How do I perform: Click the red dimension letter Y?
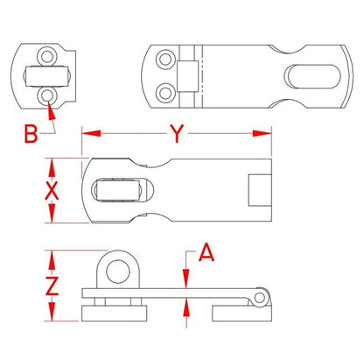[177, 133]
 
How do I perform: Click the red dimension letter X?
[52, 191]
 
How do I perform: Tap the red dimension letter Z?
[52, 286]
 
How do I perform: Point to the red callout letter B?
[31, 134]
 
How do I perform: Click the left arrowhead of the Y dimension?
[91, 133]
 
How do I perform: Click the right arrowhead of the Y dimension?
[262, 133]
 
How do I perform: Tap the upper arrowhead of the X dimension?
[52, 167]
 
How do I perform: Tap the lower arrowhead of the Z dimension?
[52, 312]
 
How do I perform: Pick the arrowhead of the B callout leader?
[51, 110]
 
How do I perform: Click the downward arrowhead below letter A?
[186, 279]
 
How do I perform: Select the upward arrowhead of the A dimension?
[186, 307]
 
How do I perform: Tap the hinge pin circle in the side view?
[259, 298]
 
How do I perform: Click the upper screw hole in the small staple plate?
[47, 56]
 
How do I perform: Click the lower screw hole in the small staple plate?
[47, 95]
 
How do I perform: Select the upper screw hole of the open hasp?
[165, 60]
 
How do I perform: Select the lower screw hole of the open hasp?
[165, 93]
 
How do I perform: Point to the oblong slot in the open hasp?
[312, 76]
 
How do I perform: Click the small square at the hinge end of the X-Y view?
[260, 190]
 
